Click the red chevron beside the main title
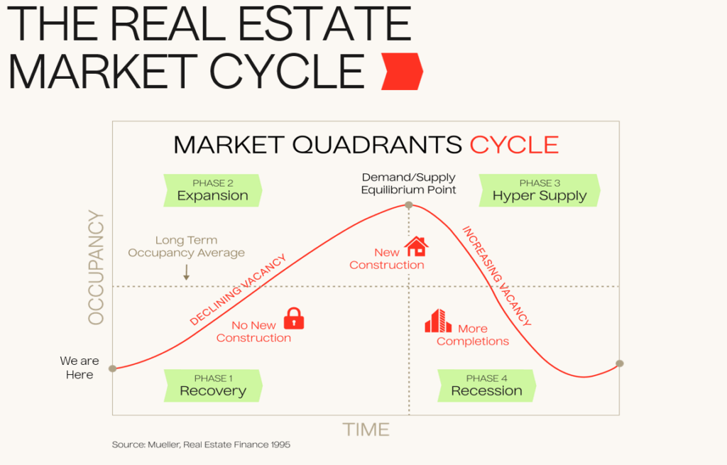pyautogui.click(x=402, y=72)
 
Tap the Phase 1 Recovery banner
pyautogui.click(x=213, y=385)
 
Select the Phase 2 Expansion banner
pyautogui.click(x=213, y=190)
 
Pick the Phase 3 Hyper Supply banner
pyautogui.click(x=540, y=190)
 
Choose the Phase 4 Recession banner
pyautogui.click(x=487, y=385)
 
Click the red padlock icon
pyautogui.click(x=293, y=319)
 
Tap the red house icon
pyautogui.click(x=416, y=246)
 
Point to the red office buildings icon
pyautogui.click(x=437, y=321)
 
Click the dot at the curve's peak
pyautogui.click(x=408, y=205)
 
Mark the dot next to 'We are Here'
pyautogui.click(x=113, y=368)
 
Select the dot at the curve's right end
pyautogui.click(x=619, y=363)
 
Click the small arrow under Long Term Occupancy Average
pyautogui.click(x=187, y=272)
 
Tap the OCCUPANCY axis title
pyautogui.click(x=96, y=268)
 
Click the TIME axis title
pyautogui.click(x=366, y=430)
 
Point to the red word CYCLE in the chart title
pyautogui.click(x=514, y=145)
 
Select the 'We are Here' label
pyautogui.click(x=80, y=368)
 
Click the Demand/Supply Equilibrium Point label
pyautogui.click(x=408, y=184)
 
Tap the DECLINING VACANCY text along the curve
pyautogui.click(x=238, y=290)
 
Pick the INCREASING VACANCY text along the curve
pyautogui.click(x=496, y=276)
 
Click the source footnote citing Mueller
pyautogui.click(x=201, y=444)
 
